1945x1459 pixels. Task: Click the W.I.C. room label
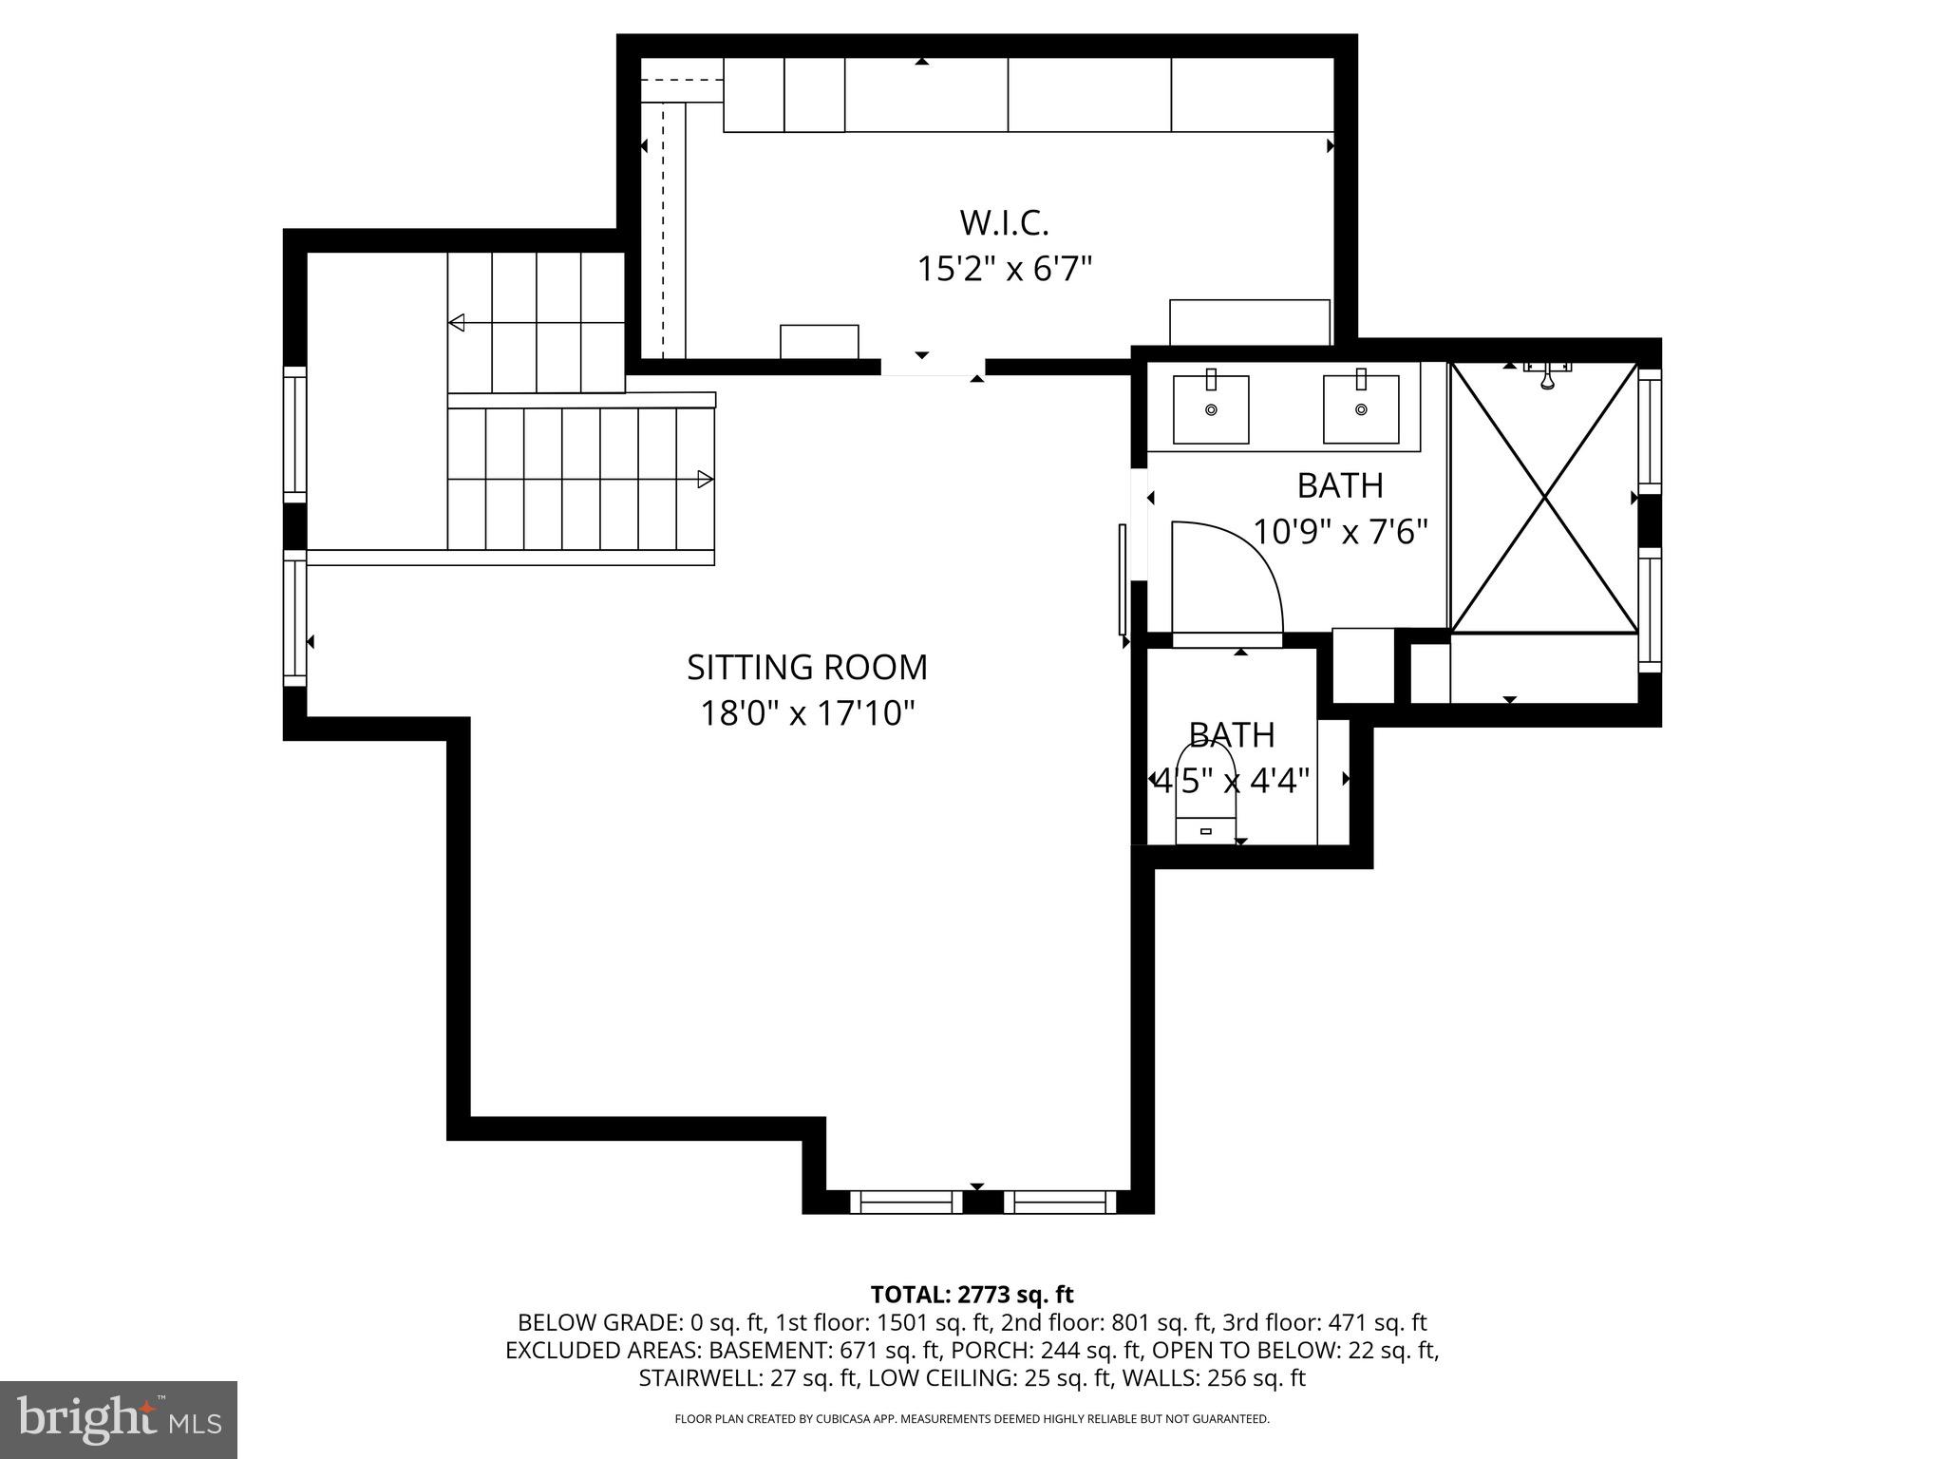tap(1004, 223)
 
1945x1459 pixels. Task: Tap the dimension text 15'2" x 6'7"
tap(1004, 270)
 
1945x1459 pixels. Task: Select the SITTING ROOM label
tap(807, 667)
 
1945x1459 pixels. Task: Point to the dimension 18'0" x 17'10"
tap(807, 712)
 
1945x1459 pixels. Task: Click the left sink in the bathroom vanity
tap(1211, 409)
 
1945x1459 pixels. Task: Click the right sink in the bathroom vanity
tap(1361, 409)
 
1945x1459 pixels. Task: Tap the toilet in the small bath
tap(1206, 798)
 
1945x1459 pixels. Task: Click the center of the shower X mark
tap(1545, 497)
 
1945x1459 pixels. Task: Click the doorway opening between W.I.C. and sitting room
tap(933, 368)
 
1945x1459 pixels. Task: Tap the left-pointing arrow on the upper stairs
tap(457, 323)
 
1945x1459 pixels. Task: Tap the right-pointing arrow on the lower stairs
tap(705, 479)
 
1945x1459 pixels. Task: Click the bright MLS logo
tap(119, 1419)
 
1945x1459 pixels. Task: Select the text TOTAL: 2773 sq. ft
tap(972, 1295)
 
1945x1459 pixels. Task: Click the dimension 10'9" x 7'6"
tap(1340, 531)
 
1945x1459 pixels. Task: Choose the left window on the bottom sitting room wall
tap(905, 1203)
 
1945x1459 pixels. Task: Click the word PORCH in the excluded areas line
tap(998, 1350)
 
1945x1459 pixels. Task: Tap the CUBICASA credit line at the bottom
tap(972, 1419)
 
